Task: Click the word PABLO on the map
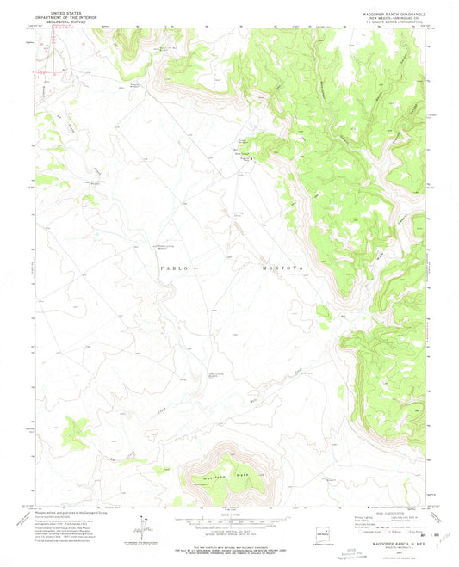pos(173,268)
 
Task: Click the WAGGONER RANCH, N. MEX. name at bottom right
pos(386,542)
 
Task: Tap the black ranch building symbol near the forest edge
pos(252,158)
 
